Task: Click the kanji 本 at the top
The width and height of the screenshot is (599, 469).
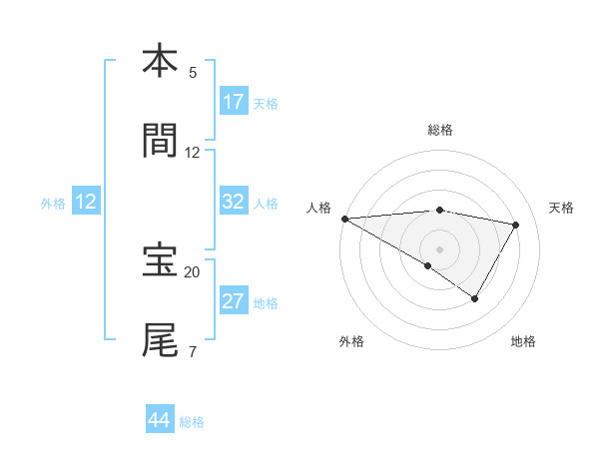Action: click(160, 62)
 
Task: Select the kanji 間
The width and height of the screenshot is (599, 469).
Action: click(160, 142)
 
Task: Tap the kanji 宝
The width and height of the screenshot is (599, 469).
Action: click(160, 261)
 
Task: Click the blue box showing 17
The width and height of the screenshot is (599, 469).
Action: click(234, 102)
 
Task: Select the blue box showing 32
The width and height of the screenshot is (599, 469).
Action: click(234, 202)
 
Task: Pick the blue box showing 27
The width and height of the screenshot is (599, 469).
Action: click(234, 301)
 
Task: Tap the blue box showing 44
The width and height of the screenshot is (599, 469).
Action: click(160, 420)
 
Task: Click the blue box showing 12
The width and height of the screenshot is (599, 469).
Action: click(86, 202)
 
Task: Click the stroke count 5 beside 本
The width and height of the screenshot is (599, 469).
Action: click(193, 73)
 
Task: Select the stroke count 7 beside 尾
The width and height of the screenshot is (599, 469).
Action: click(193, 352)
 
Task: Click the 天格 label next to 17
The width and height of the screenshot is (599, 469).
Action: click(266, 103)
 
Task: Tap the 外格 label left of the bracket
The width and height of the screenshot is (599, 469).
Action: click(53, 203)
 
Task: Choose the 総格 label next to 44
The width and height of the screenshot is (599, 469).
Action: click(192, 422)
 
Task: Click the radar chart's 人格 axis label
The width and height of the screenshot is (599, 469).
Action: click(318, 208)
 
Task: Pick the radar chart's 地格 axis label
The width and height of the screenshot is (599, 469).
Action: click(523, 341)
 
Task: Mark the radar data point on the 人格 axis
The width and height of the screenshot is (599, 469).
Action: click(344, 219)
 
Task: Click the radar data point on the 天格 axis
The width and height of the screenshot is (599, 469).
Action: click(516, 225)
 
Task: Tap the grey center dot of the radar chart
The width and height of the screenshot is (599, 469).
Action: click(439, 248)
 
